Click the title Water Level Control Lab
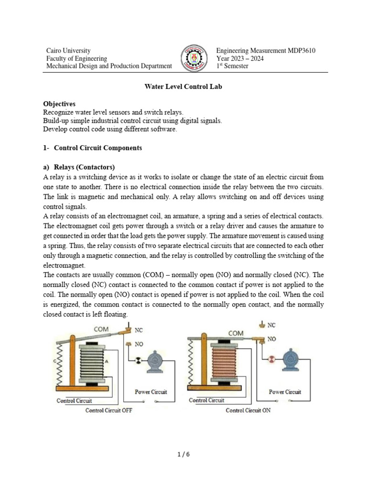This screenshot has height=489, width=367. pos(183,87)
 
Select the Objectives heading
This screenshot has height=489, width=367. pos(59,104)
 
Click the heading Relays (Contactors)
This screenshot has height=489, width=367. pos(84,167)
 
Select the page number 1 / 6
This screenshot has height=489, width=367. pos(183,454)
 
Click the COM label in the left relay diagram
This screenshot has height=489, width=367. pos(101,330)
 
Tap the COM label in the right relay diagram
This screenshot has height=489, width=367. pos(236,333)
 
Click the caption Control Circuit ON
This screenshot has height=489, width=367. pos(248,410)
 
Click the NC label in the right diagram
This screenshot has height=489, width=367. pos(271,325)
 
